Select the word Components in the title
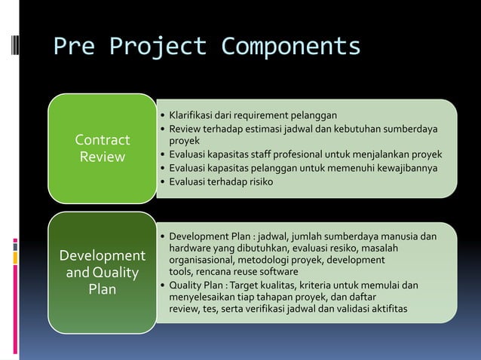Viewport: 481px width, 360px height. [x=290, y=47]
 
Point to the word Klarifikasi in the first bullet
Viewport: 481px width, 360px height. [x=191, y=116]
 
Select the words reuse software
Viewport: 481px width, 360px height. [x=264, y=272]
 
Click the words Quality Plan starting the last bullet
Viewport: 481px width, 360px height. [x=195, y=285]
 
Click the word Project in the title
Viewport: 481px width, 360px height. [x=157, y=47]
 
